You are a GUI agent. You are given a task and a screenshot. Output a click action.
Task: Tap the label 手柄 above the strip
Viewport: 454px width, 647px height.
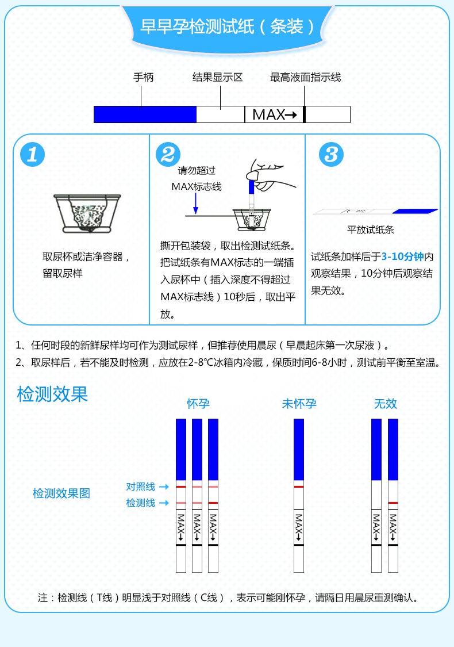[143, 77]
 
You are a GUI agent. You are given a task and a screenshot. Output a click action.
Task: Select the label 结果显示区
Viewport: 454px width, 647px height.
[217, 77]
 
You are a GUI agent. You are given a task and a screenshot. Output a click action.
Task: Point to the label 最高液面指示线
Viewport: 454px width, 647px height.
[305, 77]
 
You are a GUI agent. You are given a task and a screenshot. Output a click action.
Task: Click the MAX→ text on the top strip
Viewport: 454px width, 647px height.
[274, 114]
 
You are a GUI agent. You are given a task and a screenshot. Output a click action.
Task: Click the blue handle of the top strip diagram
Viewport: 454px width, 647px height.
[145, 114]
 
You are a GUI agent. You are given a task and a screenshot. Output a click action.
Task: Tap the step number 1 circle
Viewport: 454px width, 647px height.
[33, 154]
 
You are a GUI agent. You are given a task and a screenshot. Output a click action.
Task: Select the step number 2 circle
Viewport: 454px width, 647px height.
[168, 154]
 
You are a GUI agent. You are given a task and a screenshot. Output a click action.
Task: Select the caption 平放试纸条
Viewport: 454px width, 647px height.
[371, 230]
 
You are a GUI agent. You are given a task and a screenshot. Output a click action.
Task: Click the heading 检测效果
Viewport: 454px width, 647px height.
[52, 395]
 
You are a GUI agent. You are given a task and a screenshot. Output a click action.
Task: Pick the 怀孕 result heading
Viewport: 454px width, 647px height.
[198, 404]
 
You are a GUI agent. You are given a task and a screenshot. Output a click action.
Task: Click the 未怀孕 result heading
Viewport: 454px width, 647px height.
[299, 404]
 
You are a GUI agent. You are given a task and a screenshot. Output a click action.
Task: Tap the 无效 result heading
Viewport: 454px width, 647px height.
[385, 404]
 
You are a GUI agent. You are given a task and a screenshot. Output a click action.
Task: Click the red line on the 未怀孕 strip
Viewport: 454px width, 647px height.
[298, 487]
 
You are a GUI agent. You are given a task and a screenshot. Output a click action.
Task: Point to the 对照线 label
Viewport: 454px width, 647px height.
[141, 487]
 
